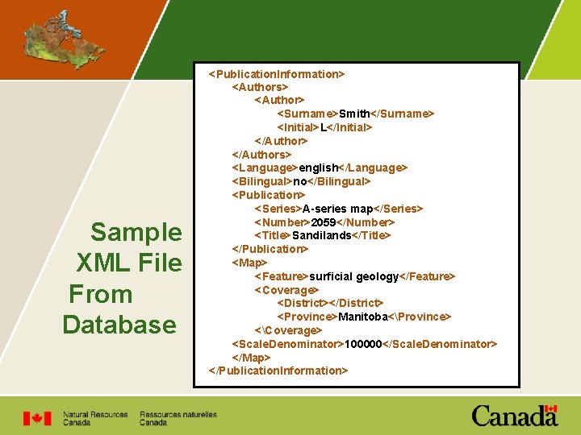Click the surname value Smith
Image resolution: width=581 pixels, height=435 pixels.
click(356, 114)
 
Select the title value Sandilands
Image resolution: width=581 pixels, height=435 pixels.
click(322, 235)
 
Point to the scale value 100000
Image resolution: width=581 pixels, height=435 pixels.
click(362, 344)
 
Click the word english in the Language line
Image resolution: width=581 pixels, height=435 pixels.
click(318, 168)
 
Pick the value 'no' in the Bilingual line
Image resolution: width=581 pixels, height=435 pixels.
click(299, 181)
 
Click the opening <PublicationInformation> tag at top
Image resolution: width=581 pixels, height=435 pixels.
click(276, 74)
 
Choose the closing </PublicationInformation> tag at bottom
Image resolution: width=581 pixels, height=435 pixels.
click(278, 371)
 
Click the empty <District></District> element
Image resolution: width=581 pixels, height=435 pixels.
click(330, 303)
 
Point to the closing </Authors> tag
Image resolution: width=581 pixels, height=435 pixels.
click(261, 154)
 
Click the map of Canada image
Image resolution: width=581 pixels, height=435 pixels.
click(53, 39)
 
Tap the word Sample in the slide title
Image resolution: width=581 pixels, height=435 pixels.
click(136, 232)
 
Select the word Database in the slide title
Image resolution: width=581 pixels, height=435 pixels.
click(119, 325)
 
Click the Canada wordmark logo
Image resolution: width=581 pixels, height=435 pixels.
click(514, 416)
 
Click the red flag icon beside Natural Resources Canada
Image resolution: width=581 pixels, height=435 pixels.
click(37, 418)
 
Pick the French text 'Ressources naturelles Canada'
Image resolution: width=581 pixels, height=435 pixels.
click(178, 418)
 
